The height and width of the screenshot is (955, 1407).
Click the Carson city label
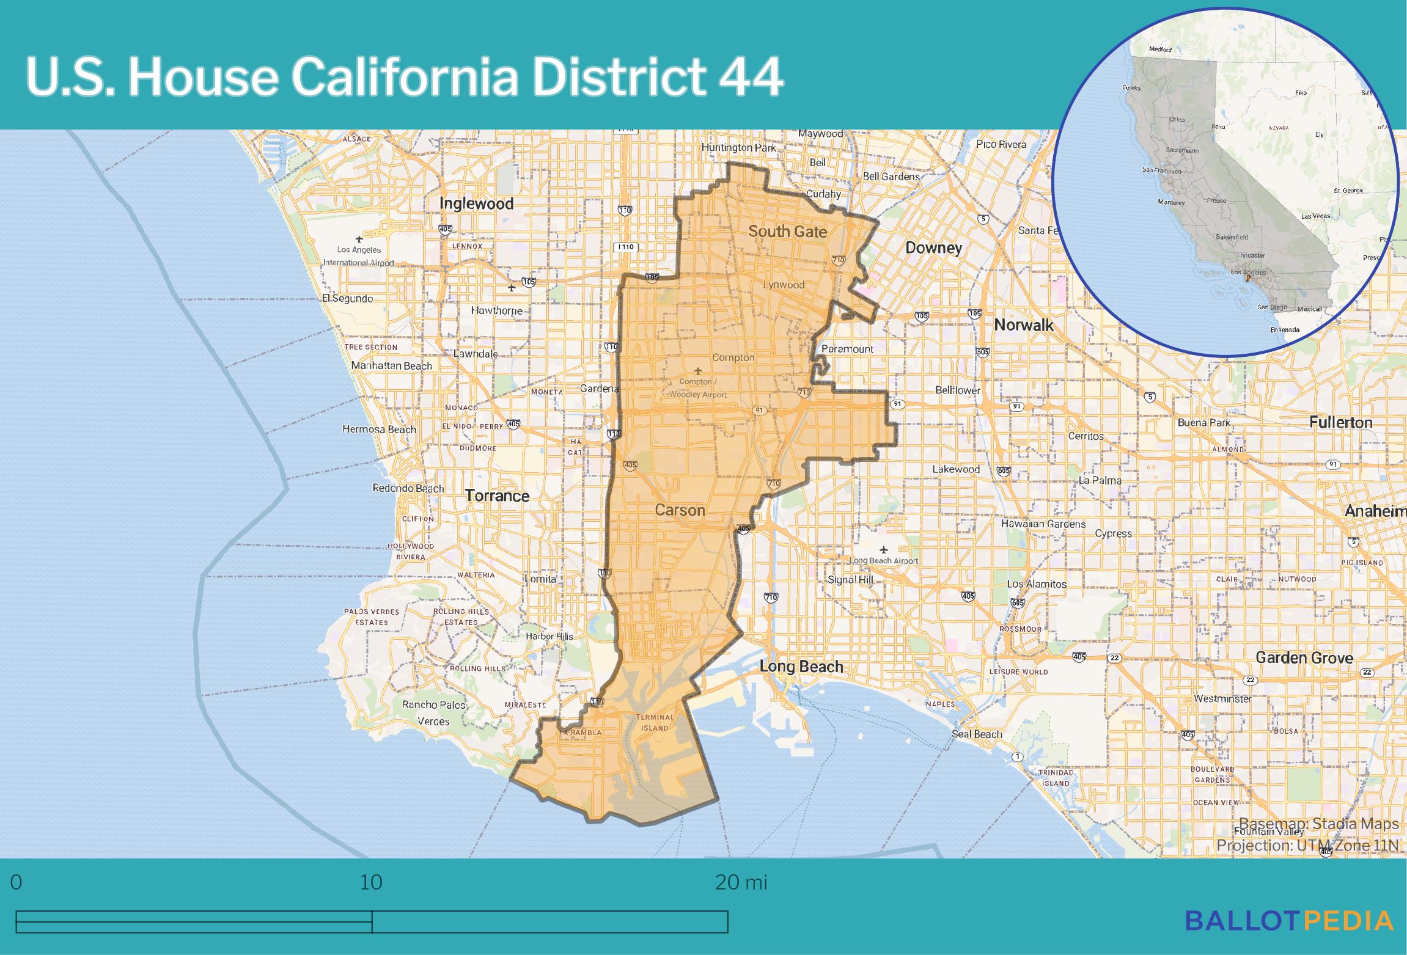click(680, 510)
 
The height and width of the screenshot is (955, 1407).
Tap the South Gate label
click(787, 232)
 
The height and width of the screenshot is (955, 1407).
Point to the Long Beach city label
click(801, 667)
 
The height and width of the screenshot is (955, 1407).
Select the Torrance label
click(497, 496)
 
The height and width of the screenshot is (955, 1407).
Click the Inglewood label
click(476, 203)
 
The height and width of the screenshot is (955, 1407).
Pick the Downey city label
click(933, 247)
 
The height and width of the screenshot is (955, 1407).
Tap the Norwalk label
click(1024, 324)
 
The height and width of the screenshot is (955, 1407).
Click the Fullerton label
click(1340, 422)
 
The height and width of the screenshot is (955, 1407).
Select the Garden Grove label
click(1304, 657)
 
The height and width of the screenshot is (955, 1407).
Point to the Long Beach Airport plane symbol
click(884, 549)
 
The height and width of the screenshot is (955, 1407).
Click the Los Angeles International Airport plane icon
click(359, 239)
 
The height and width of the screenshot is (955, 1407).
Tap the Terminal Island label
click(655, 722)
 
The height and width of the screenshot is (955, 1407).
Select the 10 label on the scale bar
click(371, 882)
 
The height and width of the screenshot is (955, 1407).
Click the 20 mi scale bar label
click(741, 882)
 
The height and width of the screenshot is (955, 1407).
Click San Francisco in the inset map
click(1161, 170)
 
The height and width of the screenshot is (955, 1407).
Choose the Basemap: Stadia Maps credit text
click(1318, 824)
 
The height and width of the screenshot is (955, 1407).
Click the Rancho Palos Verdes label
click(433, 712)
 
